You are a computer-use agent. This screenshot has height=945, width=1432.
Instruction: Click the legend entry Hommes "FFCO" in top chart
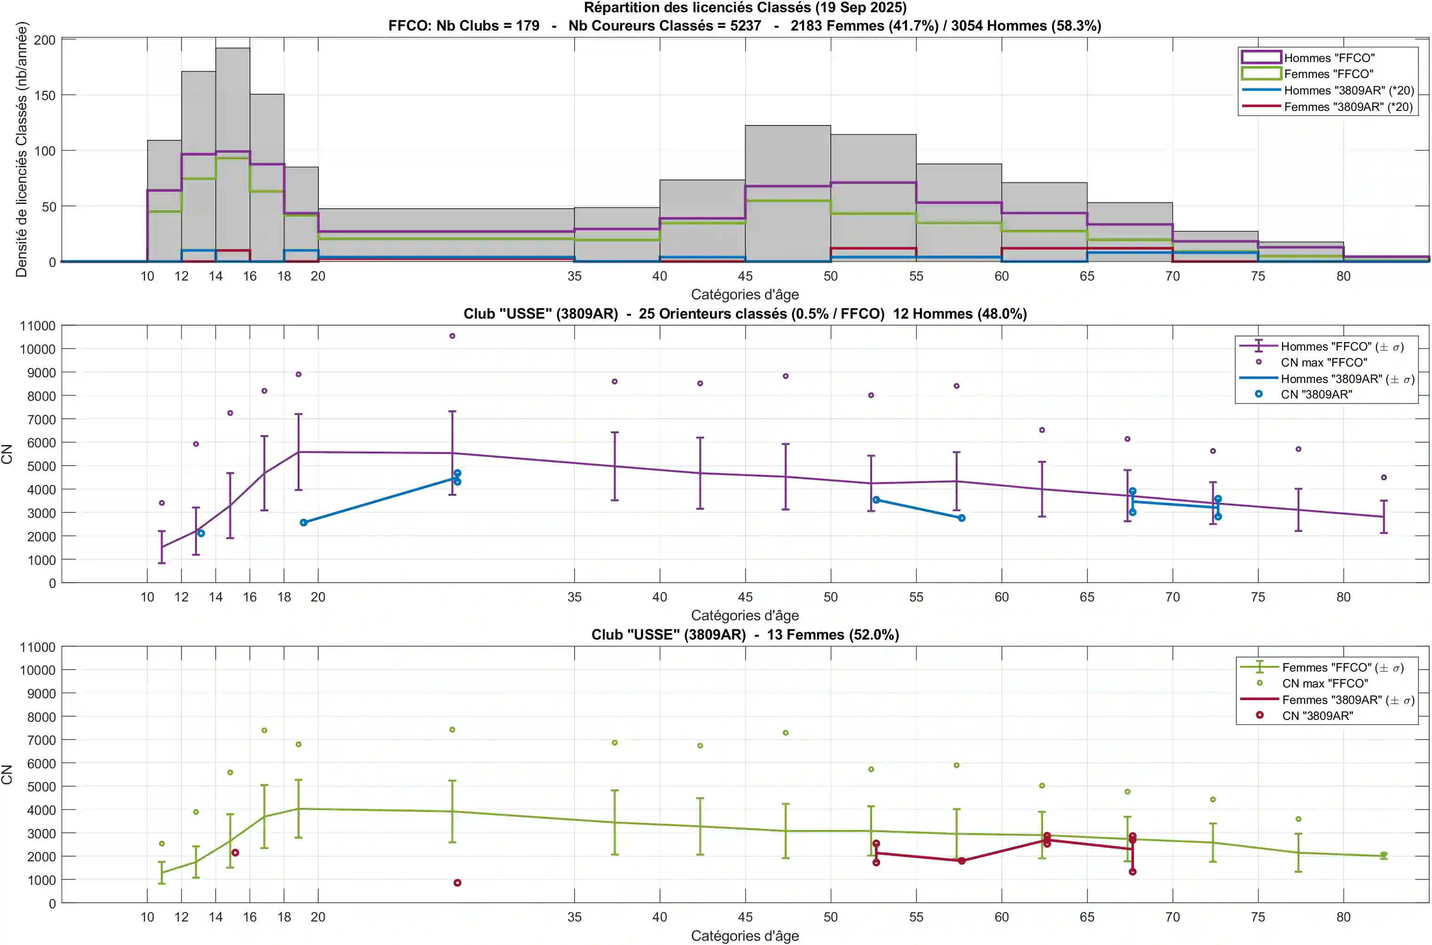[1329, 58]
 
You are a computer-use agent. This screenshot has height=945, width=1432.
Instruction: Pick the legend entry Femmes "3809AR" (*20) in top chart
[1348, 107]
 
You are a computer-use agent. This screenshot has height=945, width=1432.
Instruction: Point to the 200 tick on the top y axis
[45, 40]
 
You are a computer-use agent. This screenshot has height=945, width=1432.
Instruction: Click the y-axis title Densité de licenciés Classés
[22, 149]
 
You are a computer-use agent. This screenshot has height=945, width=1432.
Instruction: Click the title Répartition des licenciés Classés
[745, 8]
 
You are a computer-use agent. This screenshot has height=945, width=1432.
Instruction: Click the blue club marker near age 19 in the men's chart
[303, 523]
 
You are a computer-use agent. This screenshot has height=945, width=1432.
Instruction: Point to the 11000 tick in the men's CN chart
[38, 326]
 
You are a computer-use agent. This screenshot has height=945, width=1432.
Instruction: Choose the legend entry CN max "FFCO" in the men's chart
[1323, 363]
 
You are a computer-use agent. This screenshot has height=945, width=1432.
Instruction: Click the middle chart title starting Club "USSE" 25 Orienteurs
[745, 314]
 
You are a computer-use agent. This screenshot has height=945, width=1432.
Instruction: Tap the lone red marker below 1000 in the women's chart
[457, 883]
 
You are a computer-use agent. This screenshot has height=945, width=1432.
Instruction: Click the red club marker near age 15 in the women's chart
[235, 853]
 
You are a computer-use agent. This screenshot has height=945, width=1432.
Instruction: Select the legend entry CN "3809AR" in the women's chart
[1317, 716]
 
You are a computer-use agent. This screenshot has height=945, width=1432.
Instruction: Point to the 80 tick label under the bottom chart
[1343, 917]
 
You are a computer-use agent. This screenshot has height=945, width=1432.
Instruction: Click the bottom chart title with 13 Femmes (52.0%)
[745, 635]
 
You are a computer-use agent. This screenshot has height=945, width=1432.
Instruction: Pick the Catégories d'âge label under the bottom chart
[745, 936]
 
